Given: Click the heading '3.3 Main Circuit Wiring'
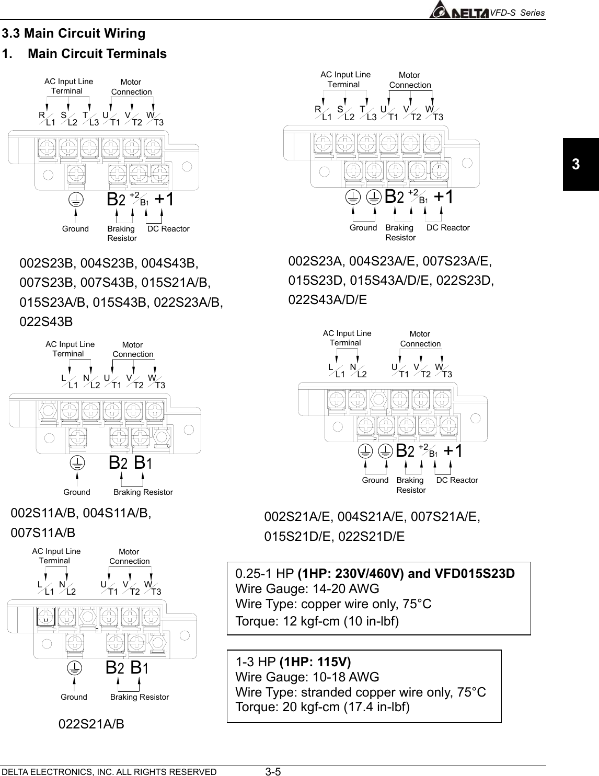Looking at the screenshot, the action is (x=74, y=33).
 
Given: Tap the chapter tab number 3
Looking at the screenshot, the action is (x=575, y=165).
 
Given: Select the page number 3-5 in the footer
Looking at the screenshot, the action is (x=273, y=772).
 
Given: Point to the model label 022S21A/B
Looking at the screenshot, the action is (x=91, y=724).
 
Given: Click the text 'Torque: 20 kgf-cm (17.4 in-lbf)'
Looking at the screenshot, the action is (x=323, y=707).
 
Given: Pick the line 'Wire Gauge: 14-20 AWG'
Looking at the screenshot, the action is (x=307, y=589).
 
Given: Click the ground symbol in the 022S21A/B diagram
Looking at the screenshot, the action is (x=75, y=667).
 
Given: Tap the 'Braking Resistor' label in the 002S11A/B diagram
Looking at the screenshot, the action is (x=143, y=492).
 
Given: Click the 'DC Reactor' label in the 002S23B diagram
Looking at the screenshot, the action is (x=168, y=229).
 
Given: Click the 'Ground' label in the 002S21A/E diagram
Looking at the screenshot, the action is (x=375, y=480).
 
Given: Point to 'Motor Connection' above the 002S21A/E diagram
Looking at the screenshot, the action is (x=420, y=339).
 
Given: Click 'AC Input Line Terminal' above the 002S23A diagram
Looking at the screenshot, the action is (x=345, y=79).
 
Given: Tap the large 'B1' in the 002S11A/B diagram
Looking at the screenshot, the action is (x=143, y=463).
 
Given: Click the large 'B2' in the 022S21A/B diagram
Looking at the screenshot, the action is (x=115, y=668).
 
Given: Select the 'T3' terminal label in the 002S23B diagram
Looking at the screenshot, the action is (x=158, y=123).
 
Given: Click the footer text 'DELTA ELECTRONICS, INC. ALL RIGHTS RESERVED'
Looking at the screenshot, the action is (x=109, y=772).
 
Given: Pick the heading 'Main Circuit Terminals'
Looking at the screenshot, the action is (x=97, y=54).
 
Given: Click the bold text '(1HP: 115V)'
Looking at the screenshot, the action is (x=316, y=662).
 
